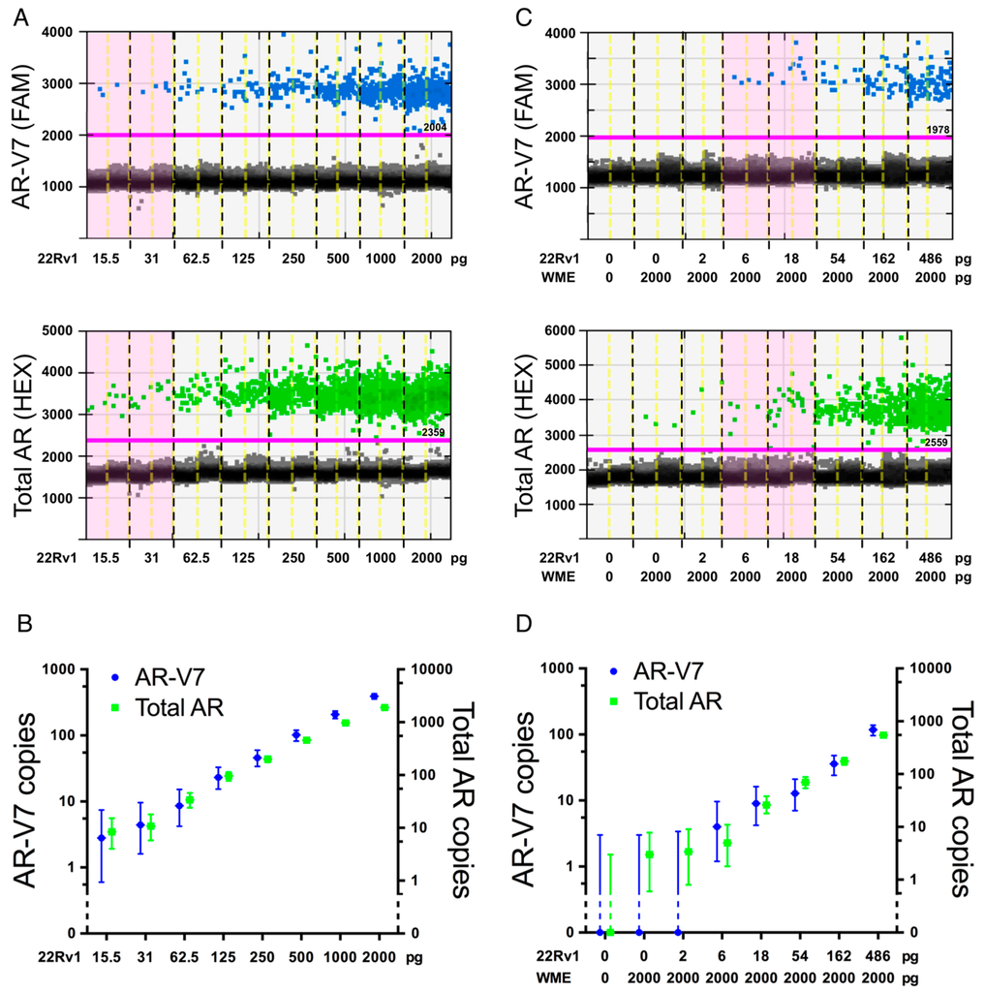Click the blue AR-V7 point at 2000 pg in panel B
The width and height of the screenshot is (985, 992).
373,697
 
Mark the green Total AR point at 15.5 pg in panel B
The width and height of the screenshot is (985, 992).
111,832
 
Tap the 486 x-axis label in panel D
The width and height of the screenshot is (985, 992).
877,954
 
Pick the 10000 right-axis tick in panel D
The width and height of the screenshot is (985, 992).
926,668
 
